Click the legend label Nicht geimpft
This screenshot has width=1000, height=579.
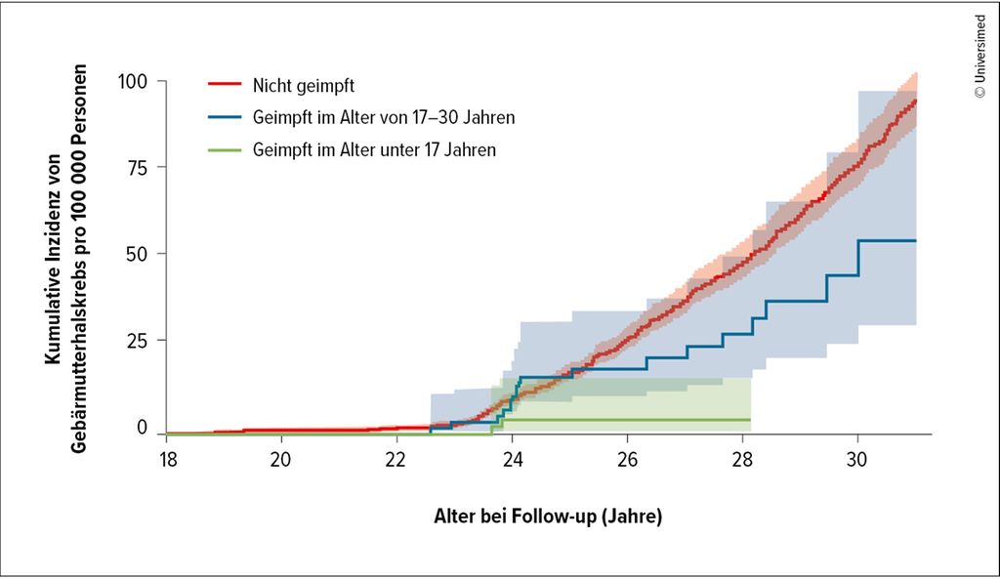300,85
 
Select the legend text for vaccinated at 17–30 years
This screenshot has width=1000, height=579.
383,118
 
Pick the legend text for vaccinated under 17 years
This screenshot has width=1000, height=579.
374,150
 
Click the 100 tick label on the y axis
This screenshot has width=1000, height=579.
131,81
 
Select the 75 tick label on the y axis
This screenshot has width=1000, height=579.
136,167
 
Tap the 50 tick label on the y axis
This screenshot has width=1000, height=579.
136,254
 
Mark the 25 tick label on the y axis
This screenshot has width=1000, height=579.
136,341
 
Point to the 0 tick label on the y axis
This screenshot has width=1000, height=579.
142,428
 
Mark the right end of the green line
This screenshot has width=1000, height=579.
749,419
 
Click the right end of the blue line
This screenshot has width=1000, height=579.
915,240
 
